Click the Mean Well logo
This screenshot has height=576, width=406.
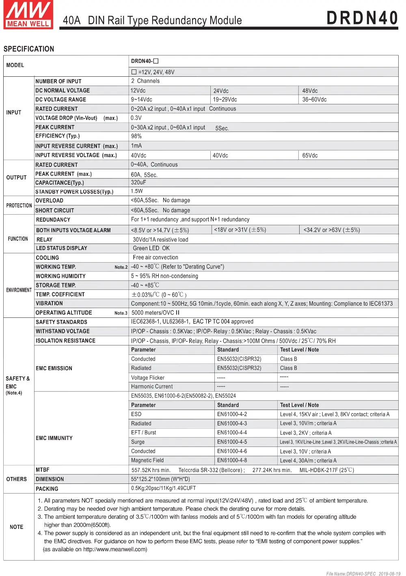[28, 15]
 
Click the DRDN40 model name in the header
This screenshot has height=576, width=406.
[362, 18]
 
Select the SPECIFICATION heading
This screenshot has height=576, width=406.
[29, 49]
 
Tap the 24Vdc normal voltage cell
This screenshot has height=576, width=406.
[221, 91]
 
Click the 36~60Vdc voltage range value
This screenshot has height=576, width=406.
[314, 99]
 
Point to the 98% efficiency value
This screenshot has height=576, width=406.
[136, 136]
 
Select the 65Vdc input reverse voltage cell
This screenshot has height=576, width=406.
[310, 155]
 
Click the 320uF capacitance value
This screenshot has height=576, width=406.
[138, 183]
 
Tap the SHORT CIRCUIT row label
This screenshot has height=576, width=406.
[55, 210]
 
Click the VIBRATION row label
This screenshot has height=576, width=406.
[49, 303]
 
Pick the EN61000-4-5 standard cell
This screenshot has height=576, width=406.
[232, 442]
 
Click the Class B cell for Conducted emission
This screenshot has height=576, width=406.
[288, 359]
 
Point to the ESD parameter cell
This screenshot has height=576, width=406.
[136, 414]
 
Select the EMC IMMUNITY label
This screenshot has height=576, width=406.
[54, 438]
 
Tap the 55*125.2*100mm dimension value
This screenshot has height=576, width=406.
[160, 479]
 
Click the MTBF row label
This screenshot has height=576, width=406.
[43, 470]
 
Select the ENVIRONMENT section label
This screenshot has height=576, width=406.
[19, 290]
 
